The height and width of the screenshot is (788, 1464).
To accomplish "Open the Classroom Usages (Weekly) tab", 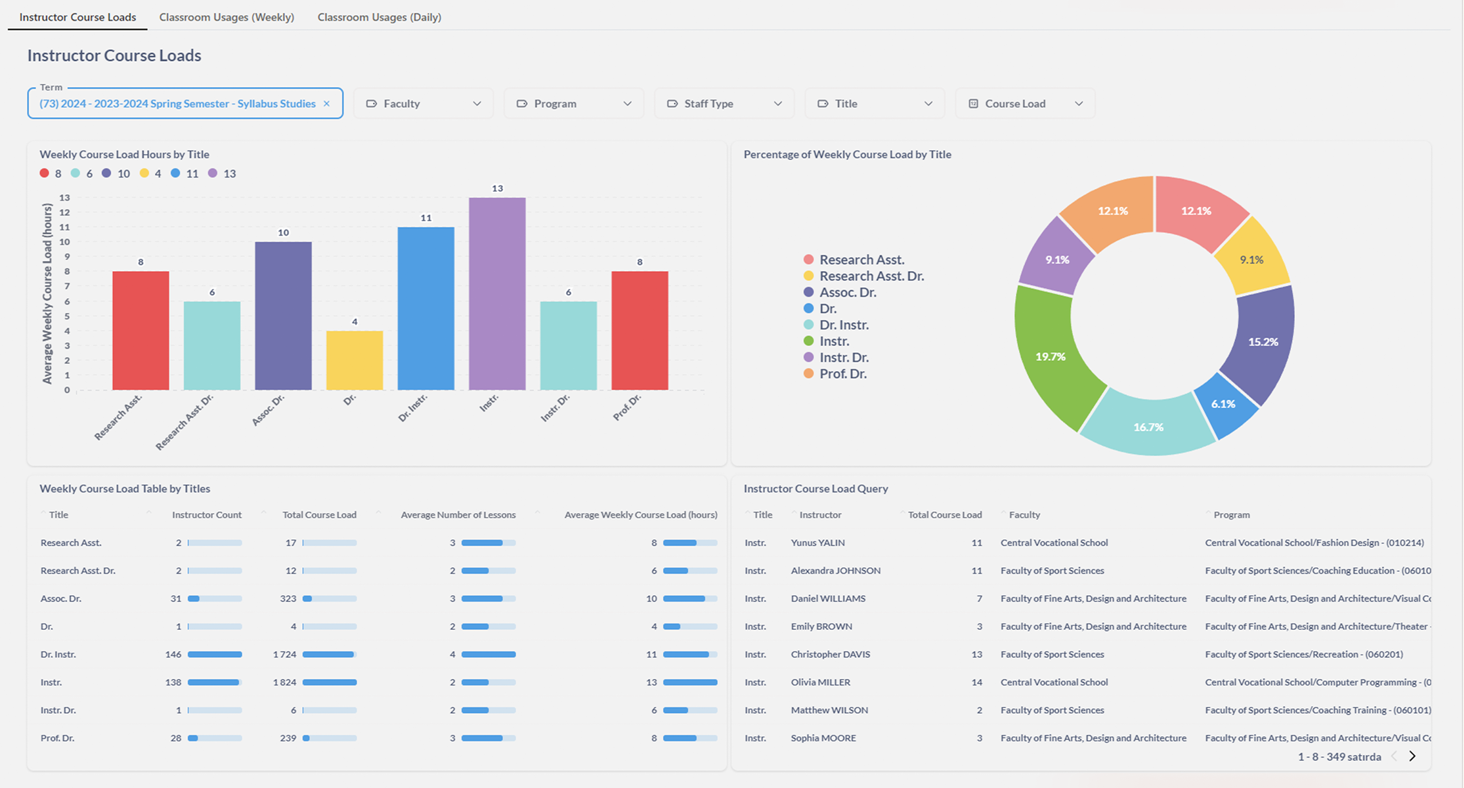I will (x=227, y=17).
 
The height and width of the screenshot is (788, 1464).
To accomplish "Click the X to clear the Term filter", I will (x=327, y=104).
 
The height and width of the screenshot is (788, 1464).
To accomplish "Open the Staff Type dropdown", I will (x=724, y=104).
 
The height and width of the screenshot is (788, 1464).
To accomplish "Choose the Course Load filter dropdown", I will (x=1024, y=104).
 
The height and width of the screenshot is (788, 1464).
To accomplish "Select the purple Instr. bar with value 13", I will (x=497, y=294).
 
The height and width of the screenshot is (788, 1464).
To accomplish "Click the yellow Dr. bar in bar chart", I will (x=354, y=360).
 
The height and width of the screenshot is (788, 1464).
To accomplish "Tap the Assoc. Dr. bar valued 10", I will (x=283, y=316).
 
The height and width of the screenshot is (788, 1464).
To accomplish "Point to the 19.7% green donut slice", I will (x=1050, y=356).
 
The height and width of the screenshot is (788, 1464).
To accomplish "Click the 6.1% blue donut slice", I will (x=1223, y=404).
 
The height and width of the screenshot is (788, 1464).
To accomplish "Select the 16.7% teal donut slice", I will (x=1148, y=427).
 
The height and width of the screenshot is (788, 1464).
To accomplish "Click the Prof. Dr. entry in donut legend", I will (x=842, y=374).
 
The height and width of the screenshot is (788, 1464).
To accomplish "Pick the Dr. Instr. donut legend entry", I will (x=844, y=325).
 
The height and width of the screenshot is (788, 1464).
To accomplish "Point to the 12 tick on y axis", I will (x=65, y=212).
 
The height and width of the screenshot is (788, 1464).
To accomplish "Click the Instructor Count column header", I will (x=207, y=515).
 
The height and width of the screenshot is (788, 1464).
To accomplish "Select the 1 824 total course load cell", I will (x=285, y=682).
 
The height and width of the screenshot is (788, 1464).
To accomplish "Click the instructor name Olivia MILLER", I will (x=820, y=682).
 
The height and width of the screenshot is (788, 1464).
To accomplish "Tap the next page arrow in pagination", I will (x=1412, y=756).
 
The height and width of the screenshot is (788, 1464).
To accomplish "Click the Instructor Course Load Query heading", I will (x=815, y=489).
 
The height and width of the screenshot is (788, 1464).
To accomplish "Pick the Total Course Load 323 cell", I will (x=288, y=598).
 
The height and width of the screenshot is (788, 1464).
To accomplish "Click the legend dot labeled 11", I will (x=176, y=174).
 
